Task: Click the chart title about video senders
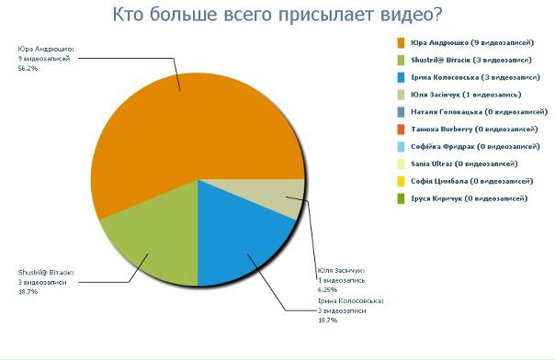coord(277,15)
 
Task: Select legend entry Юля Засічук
coord(459,95)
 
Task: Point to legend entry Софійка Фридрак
coord(469,146)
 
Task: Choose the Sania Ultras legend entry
coord(459,163)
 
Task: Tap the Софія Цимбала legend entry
coord(467,181)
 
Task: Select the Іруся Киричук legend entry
coord(467,198)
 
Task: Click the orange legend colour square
coord(402,42)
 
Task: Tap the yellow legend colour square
coord(402,181)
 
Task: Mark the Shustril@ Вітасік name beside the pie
coord(46,273)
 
